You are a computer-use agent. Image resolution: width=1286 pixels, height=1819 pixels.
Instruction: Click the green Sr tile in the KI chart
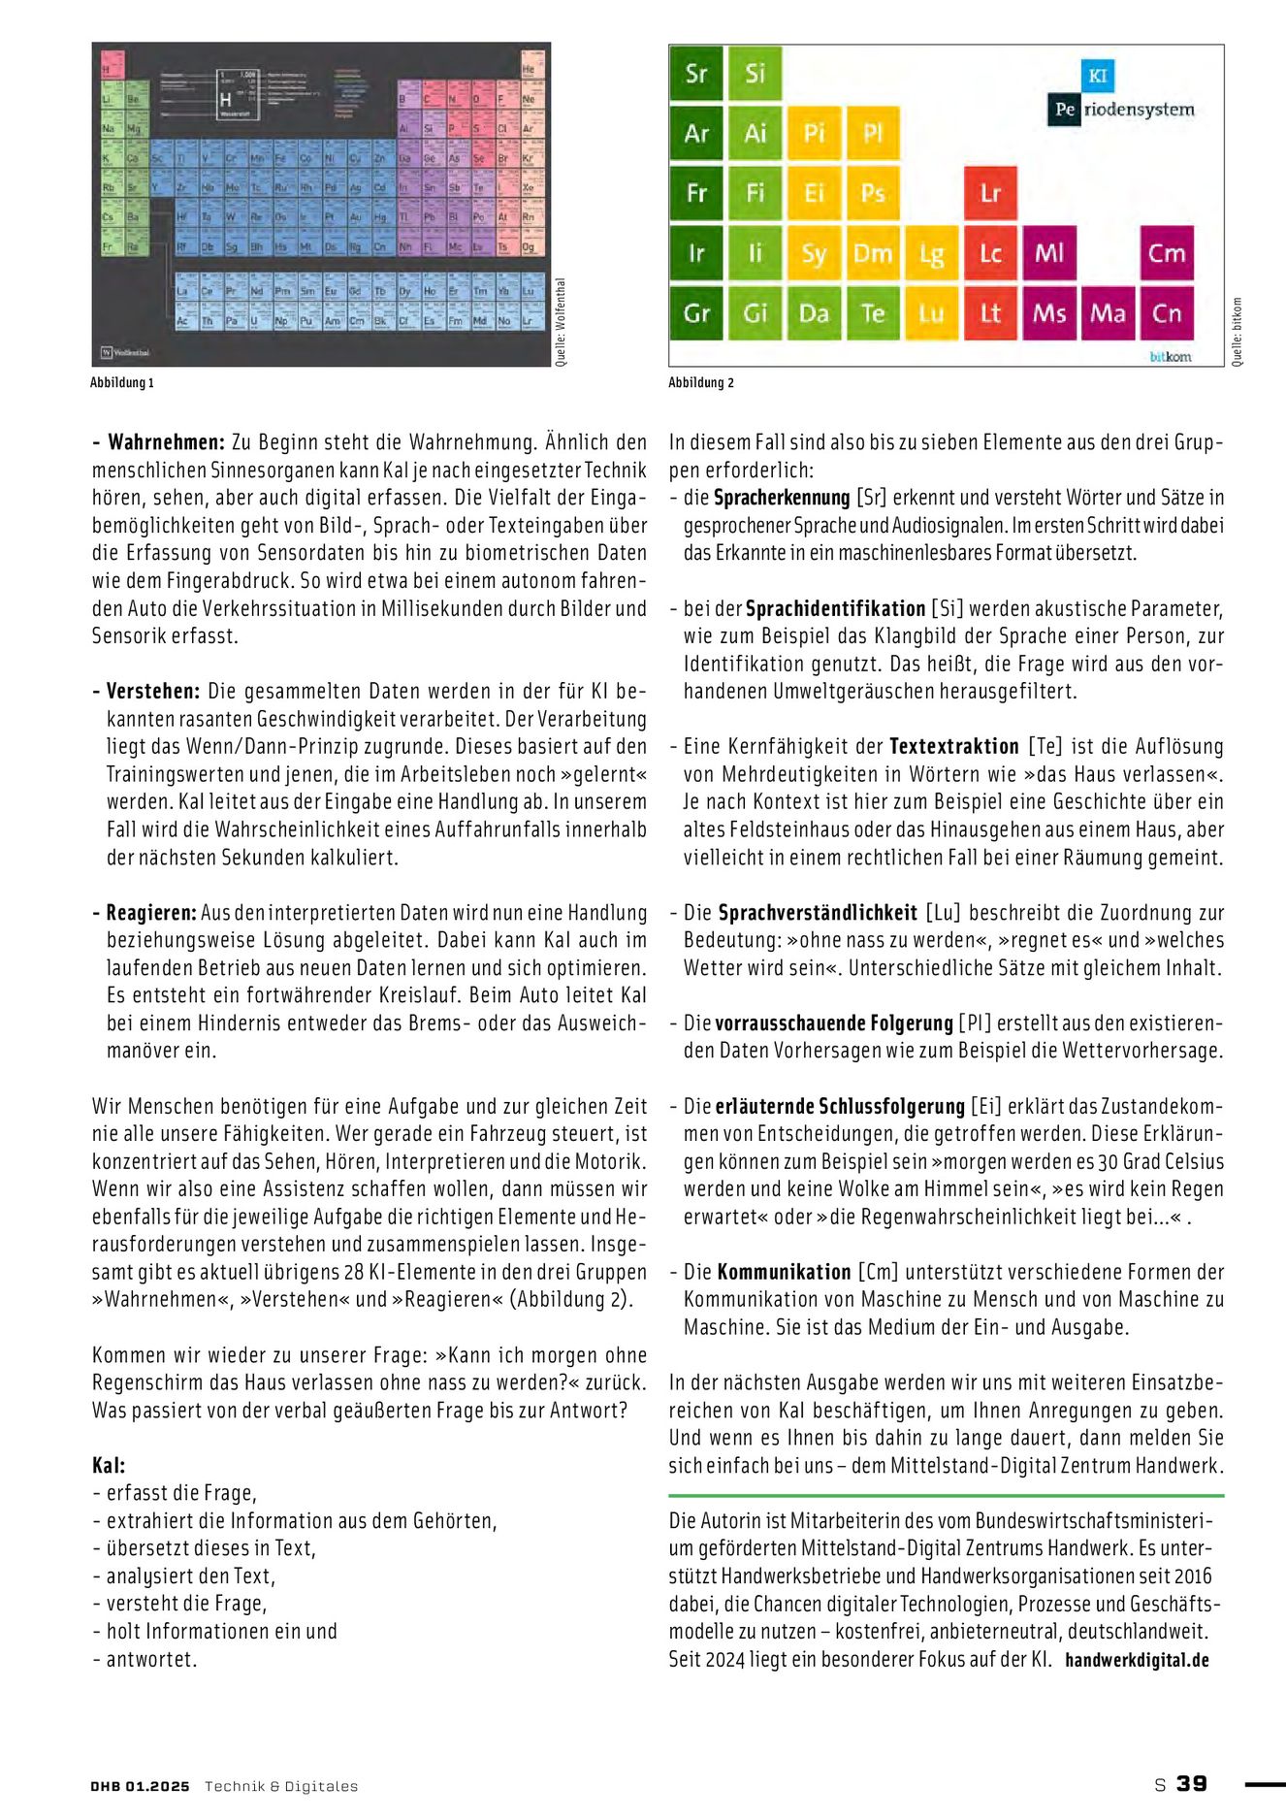tap(696, 74)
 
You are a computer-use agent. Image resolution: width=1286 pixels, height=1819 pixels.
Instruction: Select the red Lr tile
tap(990, 193)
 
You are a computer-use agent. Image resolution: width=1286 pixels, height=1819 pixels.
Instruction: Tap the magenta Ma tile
tap(1108, 313)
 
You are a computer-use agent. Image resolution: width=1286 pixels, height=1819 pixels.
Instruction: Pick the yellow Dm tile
tap(872, 253)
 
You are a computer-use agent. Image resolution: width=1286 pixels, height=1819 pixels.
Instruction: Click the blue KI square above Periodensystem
tap(1098, 76)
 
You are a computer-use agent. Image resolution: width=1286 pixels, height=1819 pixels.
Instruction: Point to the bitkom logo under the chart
tap(1170, 356)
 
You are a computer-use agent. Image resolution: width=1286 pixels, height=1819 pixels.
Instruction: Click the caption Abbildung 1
tap(122, 382)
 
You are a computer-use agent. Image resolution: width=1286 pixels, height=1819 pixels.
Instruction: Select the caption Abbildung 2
tap(701, 382)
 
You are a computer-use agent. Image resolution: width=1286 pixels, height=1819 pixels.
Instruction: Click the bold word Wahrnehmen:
tap(166, 442)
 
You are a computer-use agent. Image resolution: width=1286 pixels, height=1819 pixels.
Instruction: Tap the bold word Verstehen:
tap(152, 692)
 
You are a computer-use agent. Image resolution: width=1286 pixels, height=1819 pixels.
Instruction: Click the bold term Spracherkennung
tap(782, 498)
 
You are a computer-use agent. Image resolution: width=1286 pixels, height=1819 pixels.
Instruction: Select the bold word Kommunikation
tap(784, 1272)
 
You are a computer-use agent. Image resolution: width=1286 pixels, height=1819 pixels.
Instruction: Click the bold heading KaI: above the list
tap(109, 1465)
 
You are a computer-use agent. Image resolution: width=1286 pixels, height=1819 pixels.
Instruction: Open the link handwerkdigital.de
tap(1137, 1660)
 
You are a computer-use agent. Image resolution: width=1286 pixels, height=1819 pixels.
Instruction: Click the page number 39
tap(1192, 1783)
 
